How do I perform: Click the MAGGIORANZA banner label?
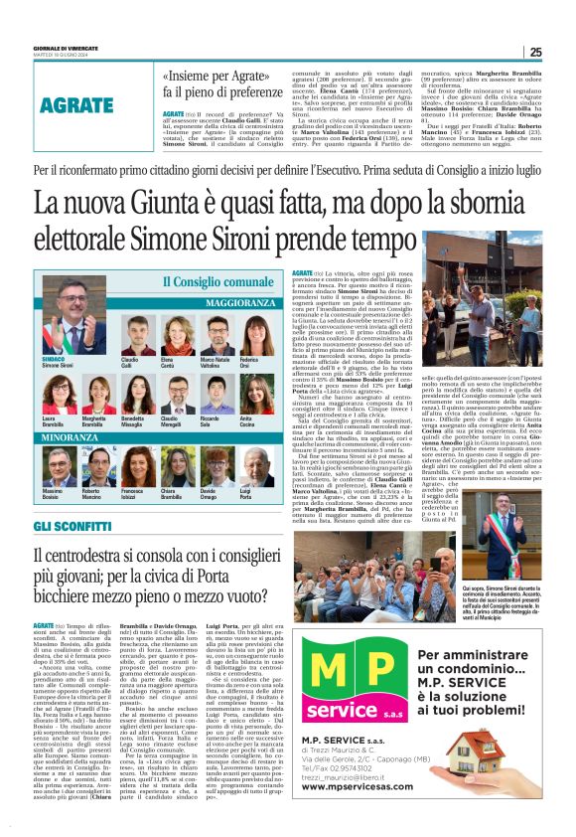point(238,301)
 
